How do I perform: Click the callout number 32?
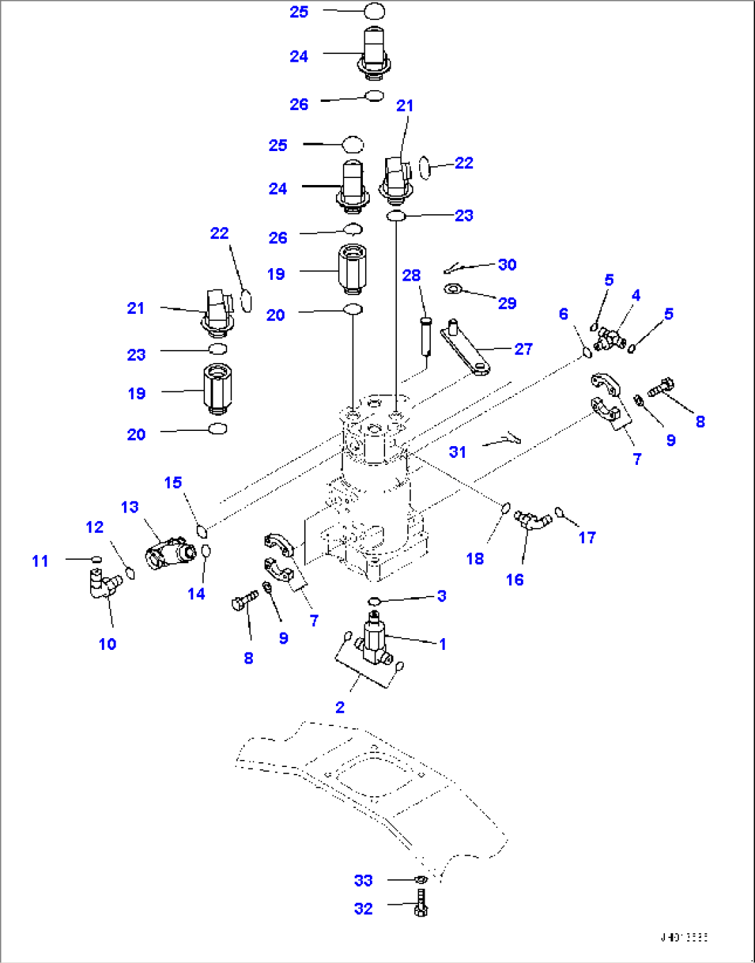(x=363, y=908)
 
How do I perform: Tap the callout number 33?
(x=363, y=880)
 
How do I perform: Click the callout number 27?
(x=523, y=348)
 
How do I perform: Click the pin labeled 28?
(x=425, y=336)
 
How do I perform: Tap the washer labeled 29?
(x=454, y=288)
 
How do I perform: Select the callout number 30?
(x=507, y=264)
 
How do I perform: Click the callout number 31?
(x=457, y=452)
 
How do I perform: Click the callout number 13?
(x=130, y=507)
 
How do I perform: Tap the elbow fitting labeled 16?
(x=533, y=520)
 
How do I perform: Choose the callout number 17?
(x=587, y=537)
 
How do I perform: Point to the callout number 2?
(x=339, y=707)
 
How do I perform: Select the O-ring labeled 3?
(x=374, y=600)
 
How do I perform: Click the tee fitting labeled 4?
(x=609, y=339)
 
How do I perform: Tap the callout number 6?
(x=563, y=314)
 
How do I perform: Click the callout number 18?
(x=474, y=558)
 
